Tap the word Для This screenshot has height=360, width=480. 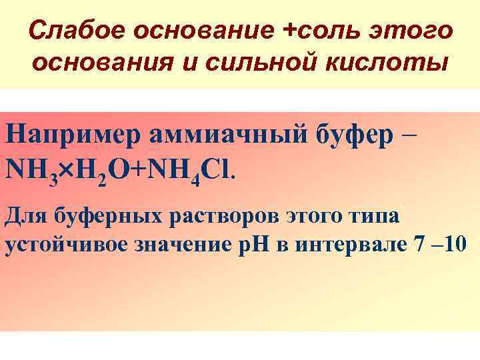[24, 216]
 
